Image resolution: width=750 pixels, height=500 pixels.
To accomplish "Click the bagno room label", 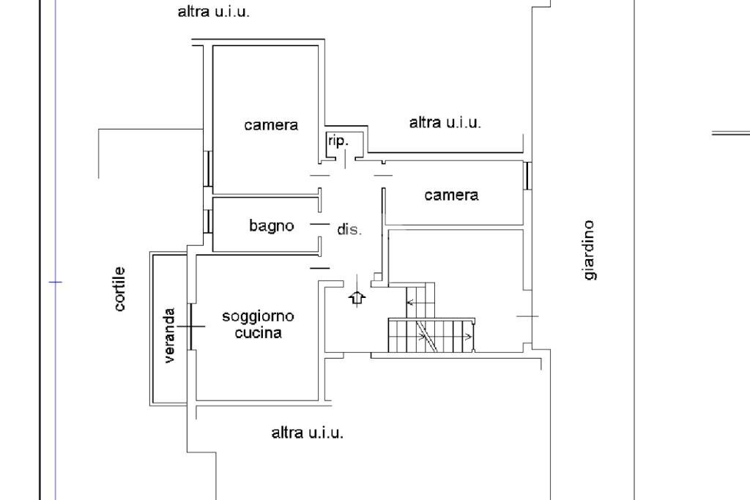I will (x=271, y=226).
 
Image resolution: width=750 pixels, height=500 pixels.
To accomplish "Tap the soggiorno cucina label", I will (x=258, y=325).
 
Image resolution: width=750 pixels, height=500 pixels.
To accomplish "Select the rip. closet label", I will (x=338, y=141).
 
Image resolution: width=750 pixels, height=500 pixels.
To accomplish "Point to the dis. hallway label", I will (x=349, y=230).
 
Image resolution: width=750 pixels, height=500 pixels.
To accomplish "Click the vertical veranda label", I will (x=170, y=335).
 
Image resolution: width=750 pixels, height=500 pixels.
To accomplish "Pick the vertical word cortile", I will (x=120, y=289).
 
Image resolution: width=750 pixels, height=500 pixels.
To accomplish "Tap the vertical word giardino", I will (x=590, y=250).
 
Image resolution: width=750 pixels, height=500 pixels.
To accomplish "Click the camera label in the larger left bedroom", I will (x=271, y=125).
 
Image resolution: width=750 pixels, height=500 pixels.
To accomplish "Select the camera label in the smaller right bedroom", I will (x=451, y=195).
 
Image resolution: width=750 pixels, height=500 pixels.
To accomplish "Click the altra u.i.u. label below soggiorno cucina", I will (x=307, y=433).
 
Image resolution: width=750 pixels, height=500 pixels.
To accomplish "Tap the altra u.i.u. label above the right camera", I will (x=445, y=123).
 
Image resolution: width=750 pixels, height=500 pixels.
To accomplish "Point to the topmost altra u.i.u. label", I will (x=214, y=12).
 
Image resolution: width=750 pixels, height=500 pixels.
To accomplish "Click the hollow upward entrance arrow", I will (x=357, y=297).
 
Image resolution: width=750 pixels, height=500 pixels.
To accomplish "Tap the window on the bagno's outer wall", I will (x=208, y=221).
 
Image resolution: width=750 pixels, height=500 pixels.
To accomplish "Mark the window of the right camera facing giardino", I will (x=526, y=176).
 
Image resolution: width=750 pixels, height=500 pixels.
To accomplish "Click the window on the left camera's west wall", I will (x=208, y=169).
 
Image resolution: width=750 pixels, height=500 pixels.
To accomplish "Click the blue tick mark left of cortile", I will (x=56, y=281).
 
